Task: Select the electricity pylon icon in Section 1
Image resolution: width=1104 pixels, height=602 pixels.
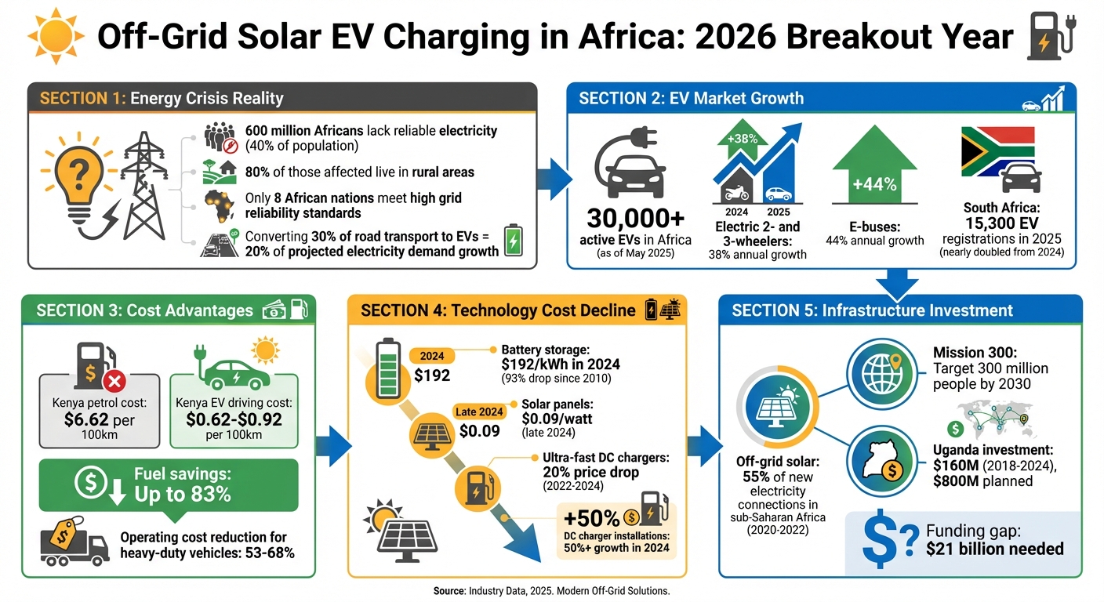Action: (x=144, y=188)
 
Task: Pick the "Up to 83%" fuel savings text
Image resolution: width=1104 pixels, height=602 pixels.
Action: (x=183, y=495)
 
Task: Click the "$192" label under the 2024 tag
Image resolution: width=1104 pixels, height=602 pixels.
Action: (x=432, y=375)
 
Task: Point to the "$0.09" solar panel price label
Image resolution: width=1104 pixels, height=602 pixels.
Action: (x=481, y=430)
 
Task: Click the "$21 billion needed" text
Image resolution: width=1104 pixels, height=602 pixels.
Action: (x=994, y=548)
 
